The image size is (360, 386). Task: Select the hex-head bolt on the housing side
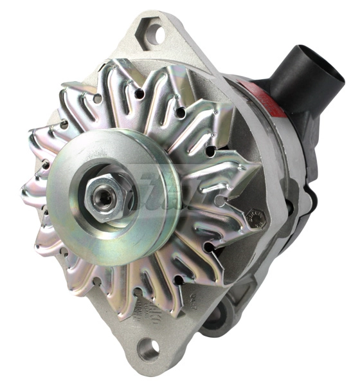pos(255,219)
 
